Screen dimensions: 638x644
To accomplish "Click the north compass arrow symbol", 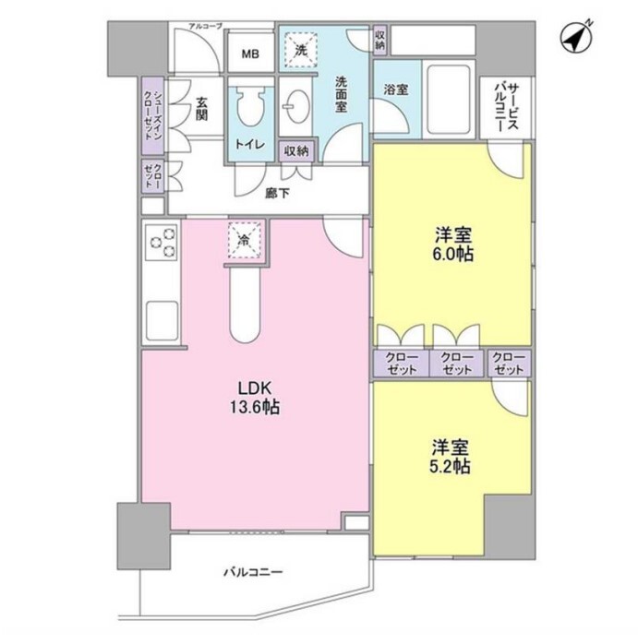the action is point(576,37).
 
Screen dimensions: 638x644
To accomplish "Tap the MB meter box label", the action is point(250,54).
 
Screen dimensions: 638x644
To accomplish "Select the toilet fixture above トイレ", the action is point(251,107).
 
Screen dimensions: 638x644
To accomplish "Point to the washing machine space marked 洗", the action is point(300,50).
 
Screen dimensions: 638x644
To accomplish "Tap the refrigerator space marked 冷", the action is point(245,240).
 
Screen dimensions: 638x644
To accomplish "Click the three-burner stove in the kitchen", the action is point(162,243).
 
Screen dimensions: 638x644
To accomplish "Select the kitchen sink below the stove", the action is point(162,321).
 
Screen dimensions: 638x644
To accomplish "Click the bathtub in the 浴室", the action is point(449,99).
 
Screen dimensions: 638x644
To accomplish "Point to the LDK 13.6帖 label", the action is point(255,398).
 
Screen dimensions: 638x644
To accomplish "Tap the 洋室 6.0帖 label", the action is point(454,244).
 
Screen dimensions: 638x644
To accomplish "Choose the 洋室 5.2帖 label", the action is point(451,457).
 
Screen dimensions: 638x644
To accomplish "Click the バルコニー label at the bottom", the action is point(253,572).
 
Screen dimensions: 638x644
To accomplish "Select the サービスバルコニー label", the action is point(506,107).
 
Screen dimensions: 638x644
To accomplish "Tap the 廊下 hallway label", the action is point(277,194).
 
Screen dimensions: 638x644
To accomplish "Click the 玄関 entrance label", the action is point(201,109).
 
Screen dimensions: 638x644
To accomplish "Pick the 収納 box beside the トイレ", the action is point(296,150).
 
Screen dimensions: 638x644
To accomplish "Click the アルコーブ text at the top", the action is point(205,26).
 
